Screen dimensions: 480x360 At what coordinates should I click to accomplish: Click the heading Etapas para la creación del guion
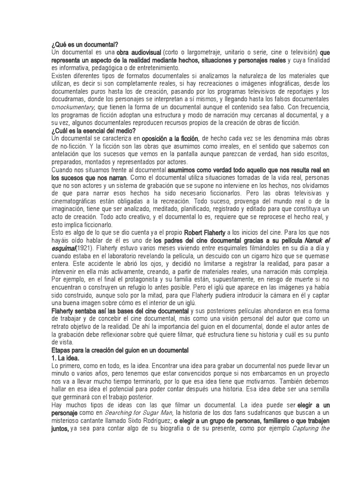point(119,351)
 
